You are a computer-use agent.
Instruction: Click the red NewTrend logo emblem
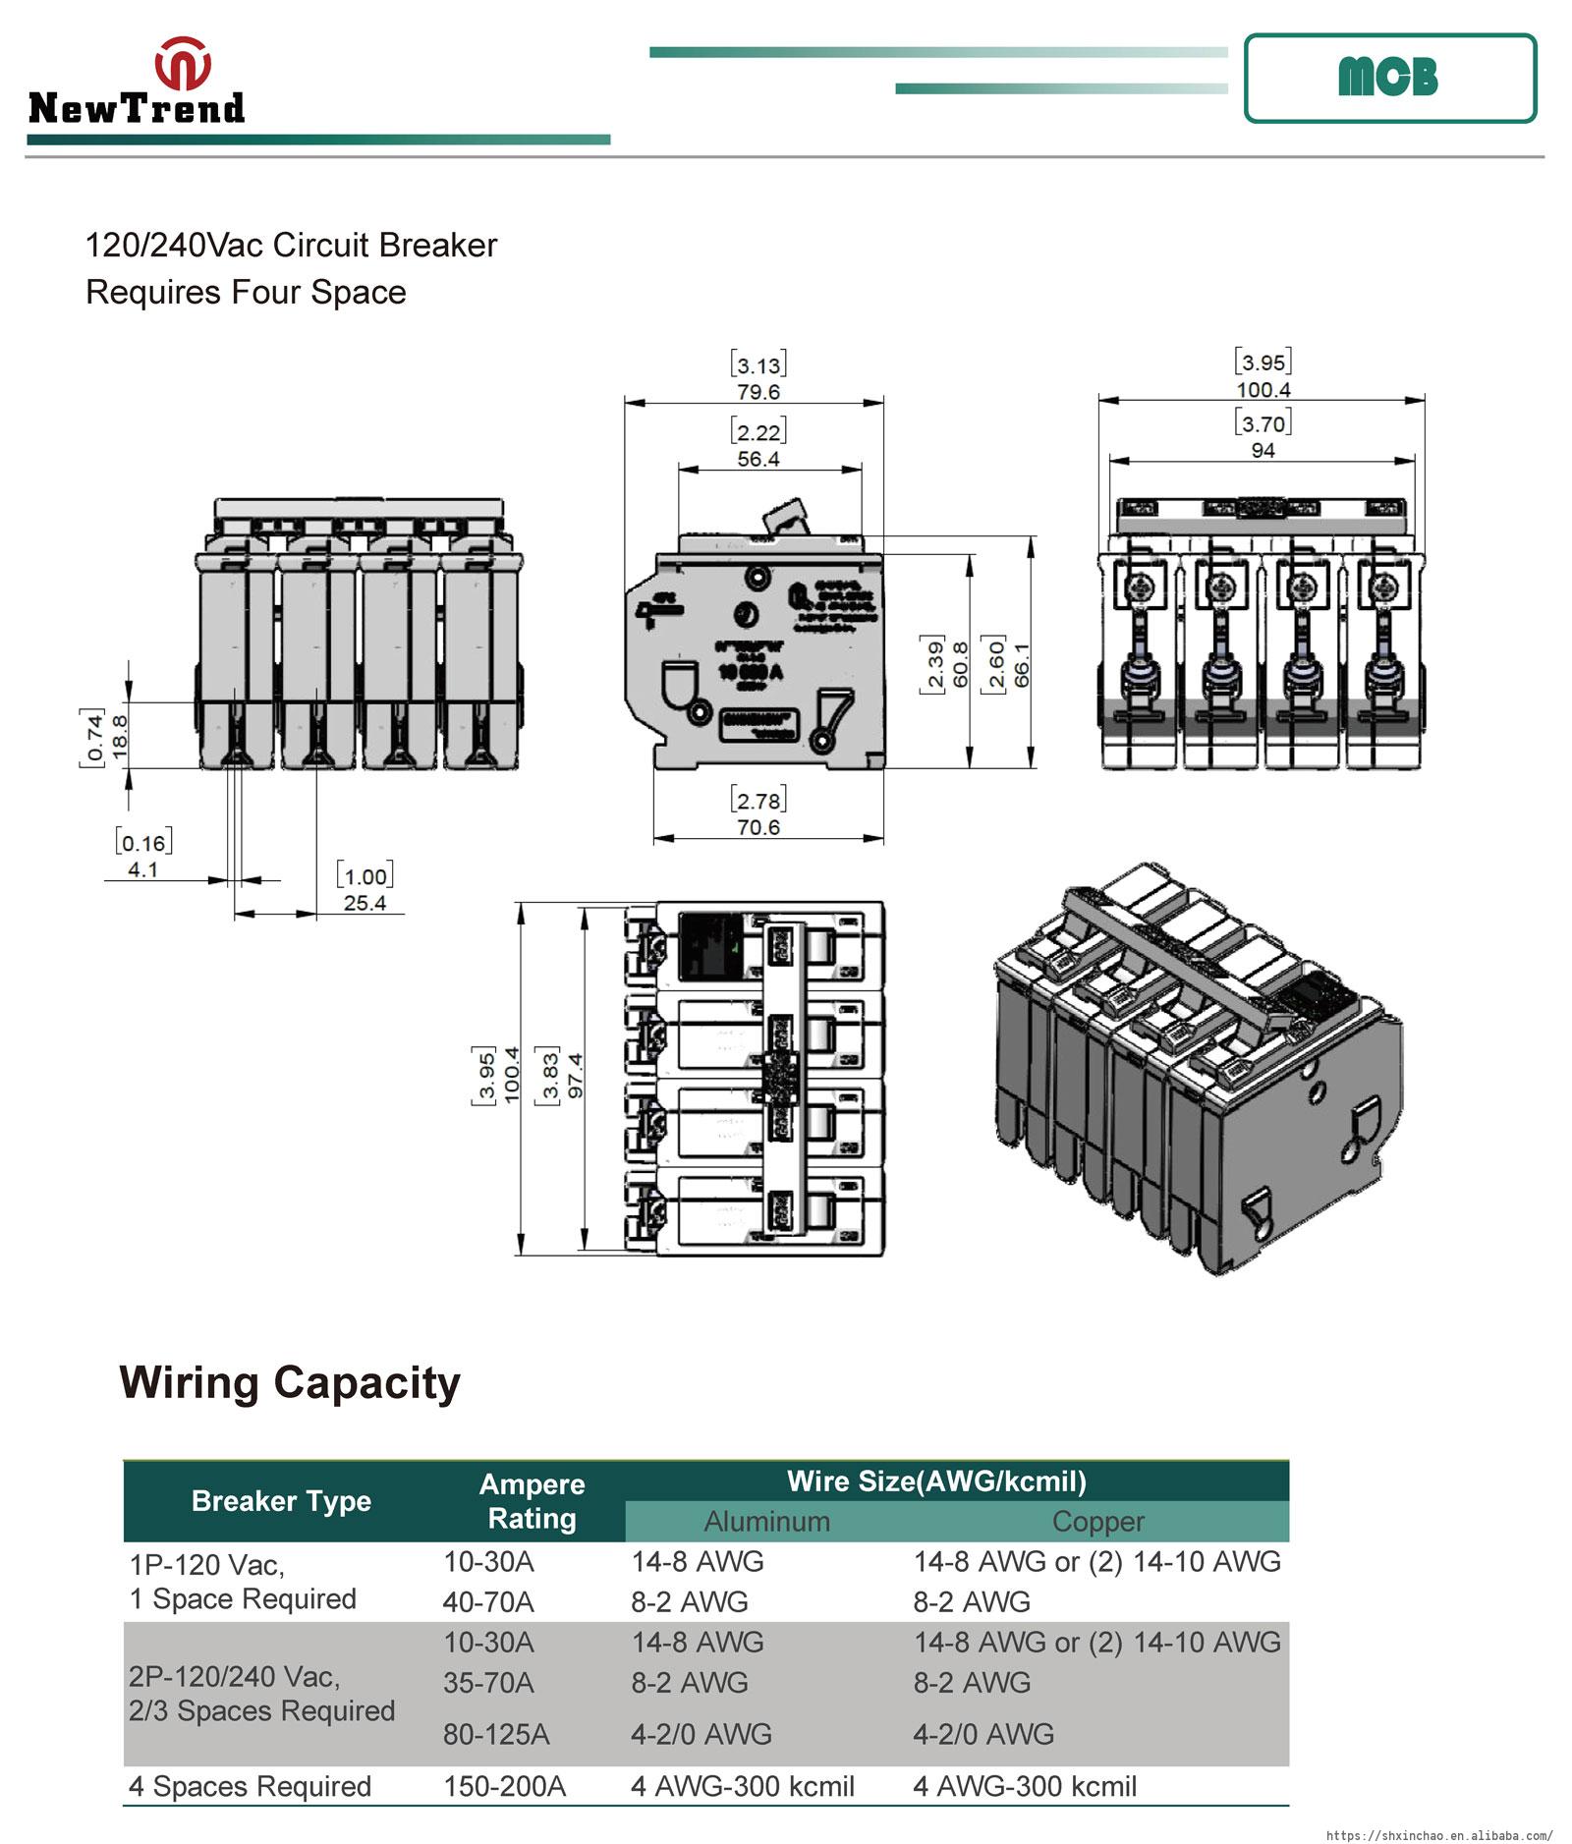pos(183,64)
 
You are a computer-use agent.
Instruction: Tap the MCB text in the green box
pos(1387,78)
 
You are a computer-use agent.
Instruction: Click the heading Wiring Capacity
pos(290,1382)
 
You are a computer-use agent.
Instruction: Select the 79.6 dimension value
pos(758,392)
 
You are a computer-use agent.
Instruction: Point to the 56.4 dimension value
pos(758,459)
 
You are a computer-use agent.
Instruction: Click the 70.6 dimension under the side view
pos(758,827)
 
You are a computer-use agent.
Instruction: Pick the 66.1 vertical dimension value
pos(1022,664)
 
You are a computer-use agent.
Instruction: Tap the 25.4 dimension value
pos(365,903)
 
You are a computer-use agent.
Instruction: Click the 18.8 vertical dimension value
pos(119,735)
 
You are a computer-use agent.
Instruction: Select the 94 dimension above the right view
pos(1263,450)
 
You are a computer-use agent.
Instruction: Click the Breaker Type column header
pos(281,1501)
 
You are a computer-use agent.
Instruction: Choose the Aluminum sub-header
pos(766,1522)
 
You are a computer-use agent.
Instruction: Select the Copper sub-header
pos(1097,1522)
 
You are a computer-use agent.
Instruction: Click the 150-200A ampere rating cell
pos(504,1786)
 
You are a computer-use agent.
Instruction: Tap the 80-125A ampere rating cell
pos(495,1734)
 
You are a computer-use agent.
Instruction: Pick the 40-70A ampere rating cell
pos(487,1602)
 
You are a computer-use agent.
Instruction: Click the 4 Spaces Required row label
pos(250,1786)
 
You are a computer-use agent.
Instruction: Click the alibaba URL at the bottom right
pos(1439,1835)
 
